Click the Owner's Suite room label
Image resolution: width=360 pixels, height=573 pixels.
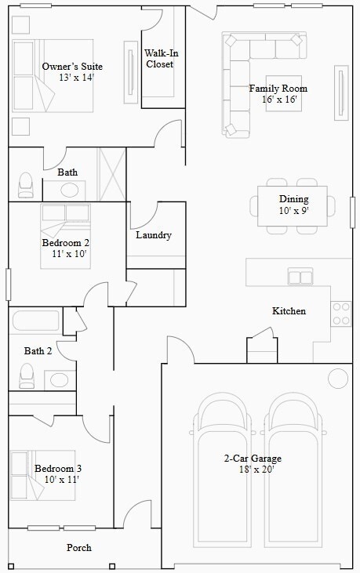pos(72,67)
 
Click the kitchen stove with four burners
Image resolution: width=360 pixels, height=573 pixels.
pos(341,313)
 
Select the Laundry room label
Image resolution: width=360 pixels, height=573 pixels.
pos(154,235)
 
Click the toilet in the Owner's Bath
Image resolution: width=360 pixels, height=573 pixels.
pos(26,185)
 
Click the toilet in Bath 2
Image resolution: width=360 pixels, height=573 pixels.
pos(27,376)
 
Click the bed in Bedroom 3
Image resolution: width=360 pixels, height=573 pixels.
pos(43,476)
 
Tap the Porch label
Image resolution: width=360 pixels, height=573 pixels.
pos(78,548)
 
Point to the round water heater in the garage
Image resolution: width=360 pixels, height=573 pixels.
pos(338,379)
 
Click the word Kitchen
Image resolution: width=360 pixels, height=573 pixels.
pos(289,311)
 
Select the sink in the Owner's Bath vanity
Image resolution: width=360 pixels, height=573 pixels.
pos(71,190)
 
